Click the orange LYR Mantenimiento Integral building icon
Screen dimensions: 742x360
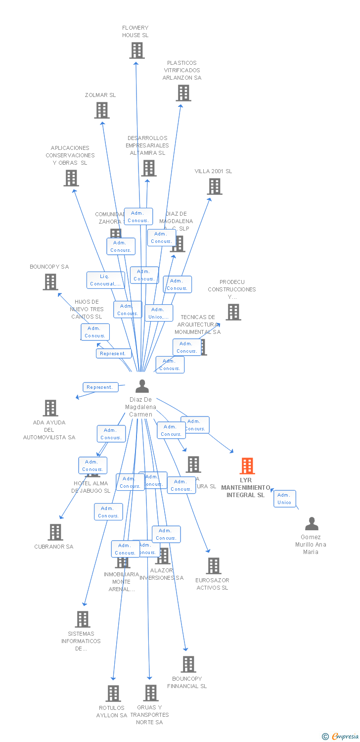[247, 466]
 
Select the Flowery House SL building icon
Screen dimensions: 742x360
[137, 50]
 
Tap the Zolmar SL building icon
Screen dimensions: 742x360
[102, 110]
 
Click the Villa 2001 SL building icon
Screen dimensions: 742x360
[214, 186]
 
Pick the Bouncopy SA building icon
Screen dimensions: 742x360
[50, 282]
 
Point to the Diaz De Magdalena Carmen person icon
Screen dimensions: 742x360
[142, 386]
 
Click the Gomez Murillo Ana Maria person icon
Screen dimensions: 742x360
[312, 524]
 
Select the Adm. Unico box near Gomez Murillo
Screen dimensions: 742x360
[284, 499]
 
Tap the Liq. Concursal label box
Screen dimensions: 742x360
[105, 280]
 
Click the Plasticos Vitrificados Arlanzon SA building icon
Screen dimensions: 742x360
[183, 93]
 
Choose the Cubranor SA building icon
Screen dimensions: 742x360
[55, 532]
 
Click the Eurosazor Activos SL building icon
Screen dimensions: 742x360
[213, 566]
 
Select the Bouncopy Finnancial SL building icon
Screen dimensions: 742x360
[188, 664]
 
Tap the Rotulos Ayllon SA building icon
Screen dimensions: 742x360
[113, 694]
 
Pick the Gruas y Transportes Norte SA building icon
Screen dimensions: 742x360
[151, 693]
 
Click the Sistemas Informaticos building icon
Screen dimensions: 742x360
[83, 619]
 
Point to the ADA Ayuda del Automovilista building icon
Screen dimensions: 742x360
[50, 408]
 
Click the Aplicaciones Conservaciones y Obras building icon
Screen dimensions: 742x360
[71, 178]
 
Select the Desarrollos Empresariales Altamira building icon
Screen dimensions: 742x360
[148, 168]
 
